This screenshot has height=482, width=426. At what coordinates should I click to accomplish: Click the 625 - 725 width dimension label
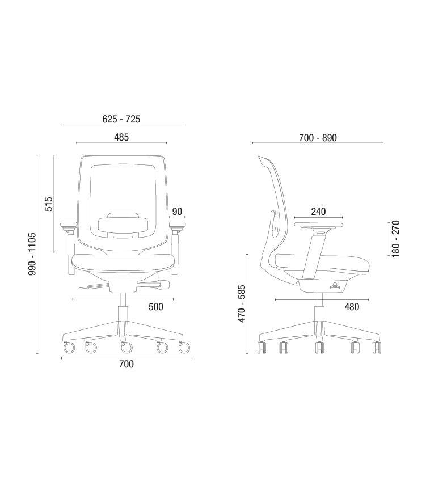click(x=121, y=119)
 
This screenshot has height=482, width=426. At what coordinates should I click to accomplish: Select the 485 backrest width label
click(x=121, y=137)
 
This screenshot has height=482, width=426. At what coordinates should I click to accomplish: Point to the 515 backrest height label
click(x=49, y=204)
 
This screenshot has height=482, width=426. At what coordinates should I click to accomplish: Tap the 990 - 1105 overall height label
click(x=32, y=254)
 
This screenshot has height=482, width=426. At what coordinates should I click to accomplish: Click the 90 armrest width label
click(x=177, y=212)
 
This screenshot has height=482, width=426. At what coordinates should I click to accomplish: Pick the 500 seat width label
click(x=156, y=306)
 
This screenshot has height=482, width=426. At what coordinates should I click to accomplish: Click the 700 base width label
click(x=126, y=364)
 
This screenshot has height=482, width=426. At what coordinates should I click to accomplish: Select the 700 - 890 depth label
click(x=318, y=138)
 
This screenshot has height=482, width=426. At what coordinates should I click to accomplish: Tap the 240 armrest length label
click(x=318, y=212)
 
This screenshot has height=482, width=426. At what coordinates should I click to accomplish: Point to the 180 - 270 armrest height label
click(x=396, y=239)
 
